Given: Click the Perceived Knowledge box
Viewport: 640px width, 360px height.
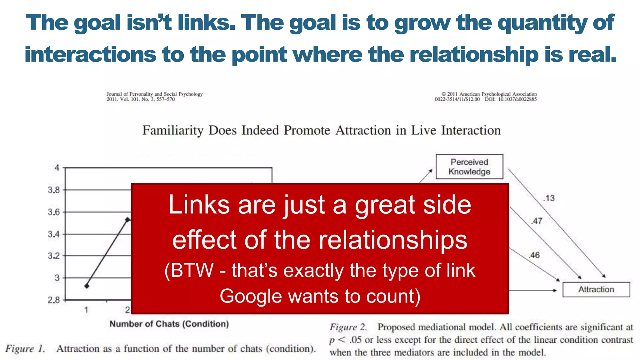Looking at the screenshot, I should click(x=469, y=167).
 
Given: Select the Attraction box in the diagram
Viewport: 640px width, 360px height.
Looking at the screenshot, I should click(x=596, y=289).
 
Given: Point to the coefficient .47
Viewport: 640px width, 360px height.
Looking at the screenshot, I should click(x=537, y=221).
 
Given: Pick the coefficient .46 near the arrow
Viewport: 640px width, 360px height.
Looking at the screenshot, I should click(x=534, y=255).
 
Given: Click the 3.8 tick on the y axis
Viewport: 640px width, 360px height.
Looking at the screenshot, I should click(x=54, y=190).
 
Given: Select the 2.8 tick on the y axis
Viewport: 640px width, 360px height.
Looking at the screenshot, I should click(x=54, y=300).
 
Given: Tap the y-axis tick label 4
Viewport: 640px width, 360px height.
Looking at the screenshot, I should click(x=57, y=168).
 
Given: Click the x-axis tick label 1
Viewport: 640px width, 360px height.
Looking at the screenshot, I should click(x=86, y=310).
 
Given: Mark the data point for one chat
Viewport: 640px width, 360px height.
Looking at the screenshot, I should click(x=87, y=286).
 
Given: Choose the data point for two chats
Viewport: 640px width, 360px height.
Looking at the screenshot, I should click(x=127, y=220).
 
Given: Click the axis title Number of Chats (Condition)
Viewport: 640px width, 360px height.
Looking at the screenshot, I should click(x=169, y=324).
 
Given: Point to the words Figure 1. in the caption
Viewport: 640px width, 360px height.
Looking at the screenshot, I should click(x=25, y=349).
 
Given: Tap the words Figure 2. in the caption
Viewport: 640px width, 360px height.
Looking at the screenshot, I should click(x=348, y=327).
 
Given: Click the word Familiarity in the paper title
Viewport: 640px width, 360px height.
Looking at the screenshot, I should click(x=173, y=130).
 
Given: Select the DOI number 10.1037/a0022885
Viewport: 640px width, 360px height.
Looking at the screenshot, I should click(x=517, y=99).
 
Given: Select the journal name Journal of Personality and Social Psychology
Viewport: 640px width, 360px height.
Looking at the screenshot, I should click(x=154, y=94).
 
